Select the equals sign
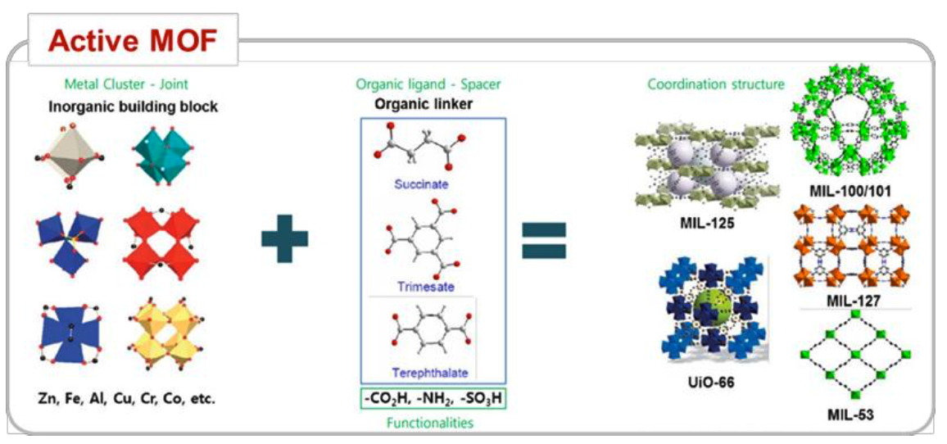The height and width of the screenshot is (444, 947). click(544, 238)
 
